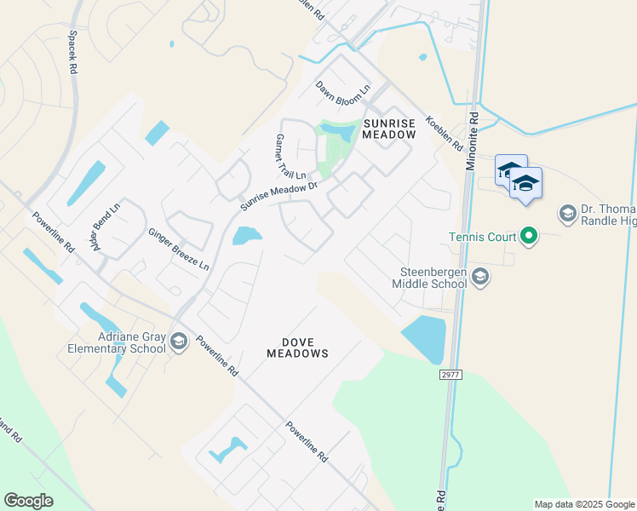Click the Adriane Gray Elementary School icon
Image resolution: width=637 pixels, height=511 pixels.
point(179,342)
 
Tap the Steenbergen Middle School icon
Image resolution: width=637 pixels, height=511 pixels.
point(480,276)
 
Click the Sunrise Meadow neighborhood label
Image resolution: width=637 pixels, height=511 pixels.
point(389,129)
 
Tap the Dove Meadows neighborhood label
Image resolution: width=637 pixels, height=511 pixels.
point(297,347)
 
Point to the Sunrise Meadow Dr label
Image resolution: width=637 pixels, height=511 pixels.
point(278,195)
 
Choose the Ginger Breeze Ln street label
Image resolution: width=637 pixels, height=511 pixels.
point(178,249)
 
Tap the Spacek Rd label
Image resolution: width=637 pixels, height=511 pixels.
point(73,52)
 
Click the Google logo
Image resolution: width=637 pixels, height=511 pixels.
point(28,501)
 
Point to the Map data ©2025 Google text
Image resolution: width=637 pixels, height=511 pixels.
point(583,504)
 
